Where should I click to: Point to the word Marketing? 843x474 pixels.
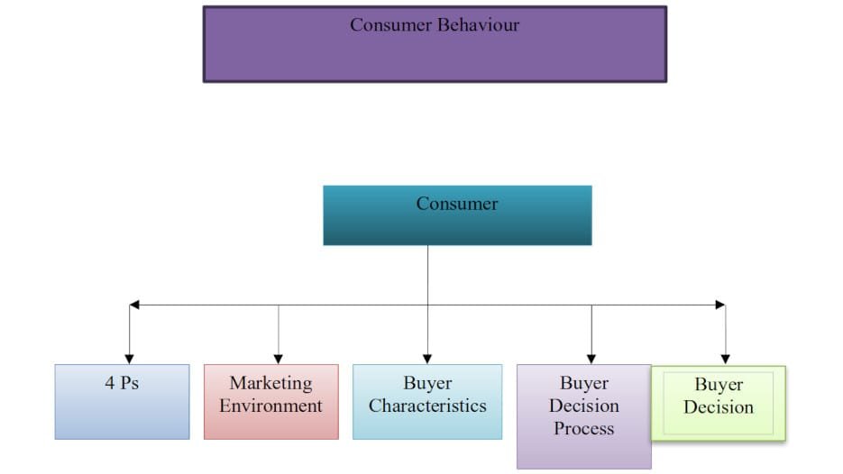[x=270, y=384]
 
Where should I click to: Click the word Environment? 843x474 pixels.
[x=270, y=406]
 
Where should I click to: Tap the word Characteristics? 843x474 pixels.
[x=427, y=406]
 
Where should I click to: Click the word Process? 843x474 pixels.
[x=583, y=429]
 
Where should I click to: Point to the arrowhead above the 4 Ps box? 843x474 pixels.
[x=130, y=358]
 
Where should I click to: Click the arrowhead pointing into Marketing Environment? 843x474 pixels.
[x=278, y=358]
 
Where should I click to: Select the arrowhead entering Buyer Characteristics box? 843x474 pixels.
[x=427, y=358]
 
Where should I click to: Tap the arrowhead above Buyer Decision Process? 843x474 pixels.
[x=591, y=358]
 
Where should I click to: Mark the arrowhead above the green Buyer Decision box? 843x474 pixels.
[x=726, y=358]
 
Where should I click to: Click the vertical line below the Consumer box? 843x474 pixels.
[x=427, y=275]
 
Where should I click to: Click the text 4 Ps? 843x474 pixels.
[x=122, y=384]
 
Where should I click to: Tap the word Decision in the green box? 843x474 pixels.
[x=718, y=407]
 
